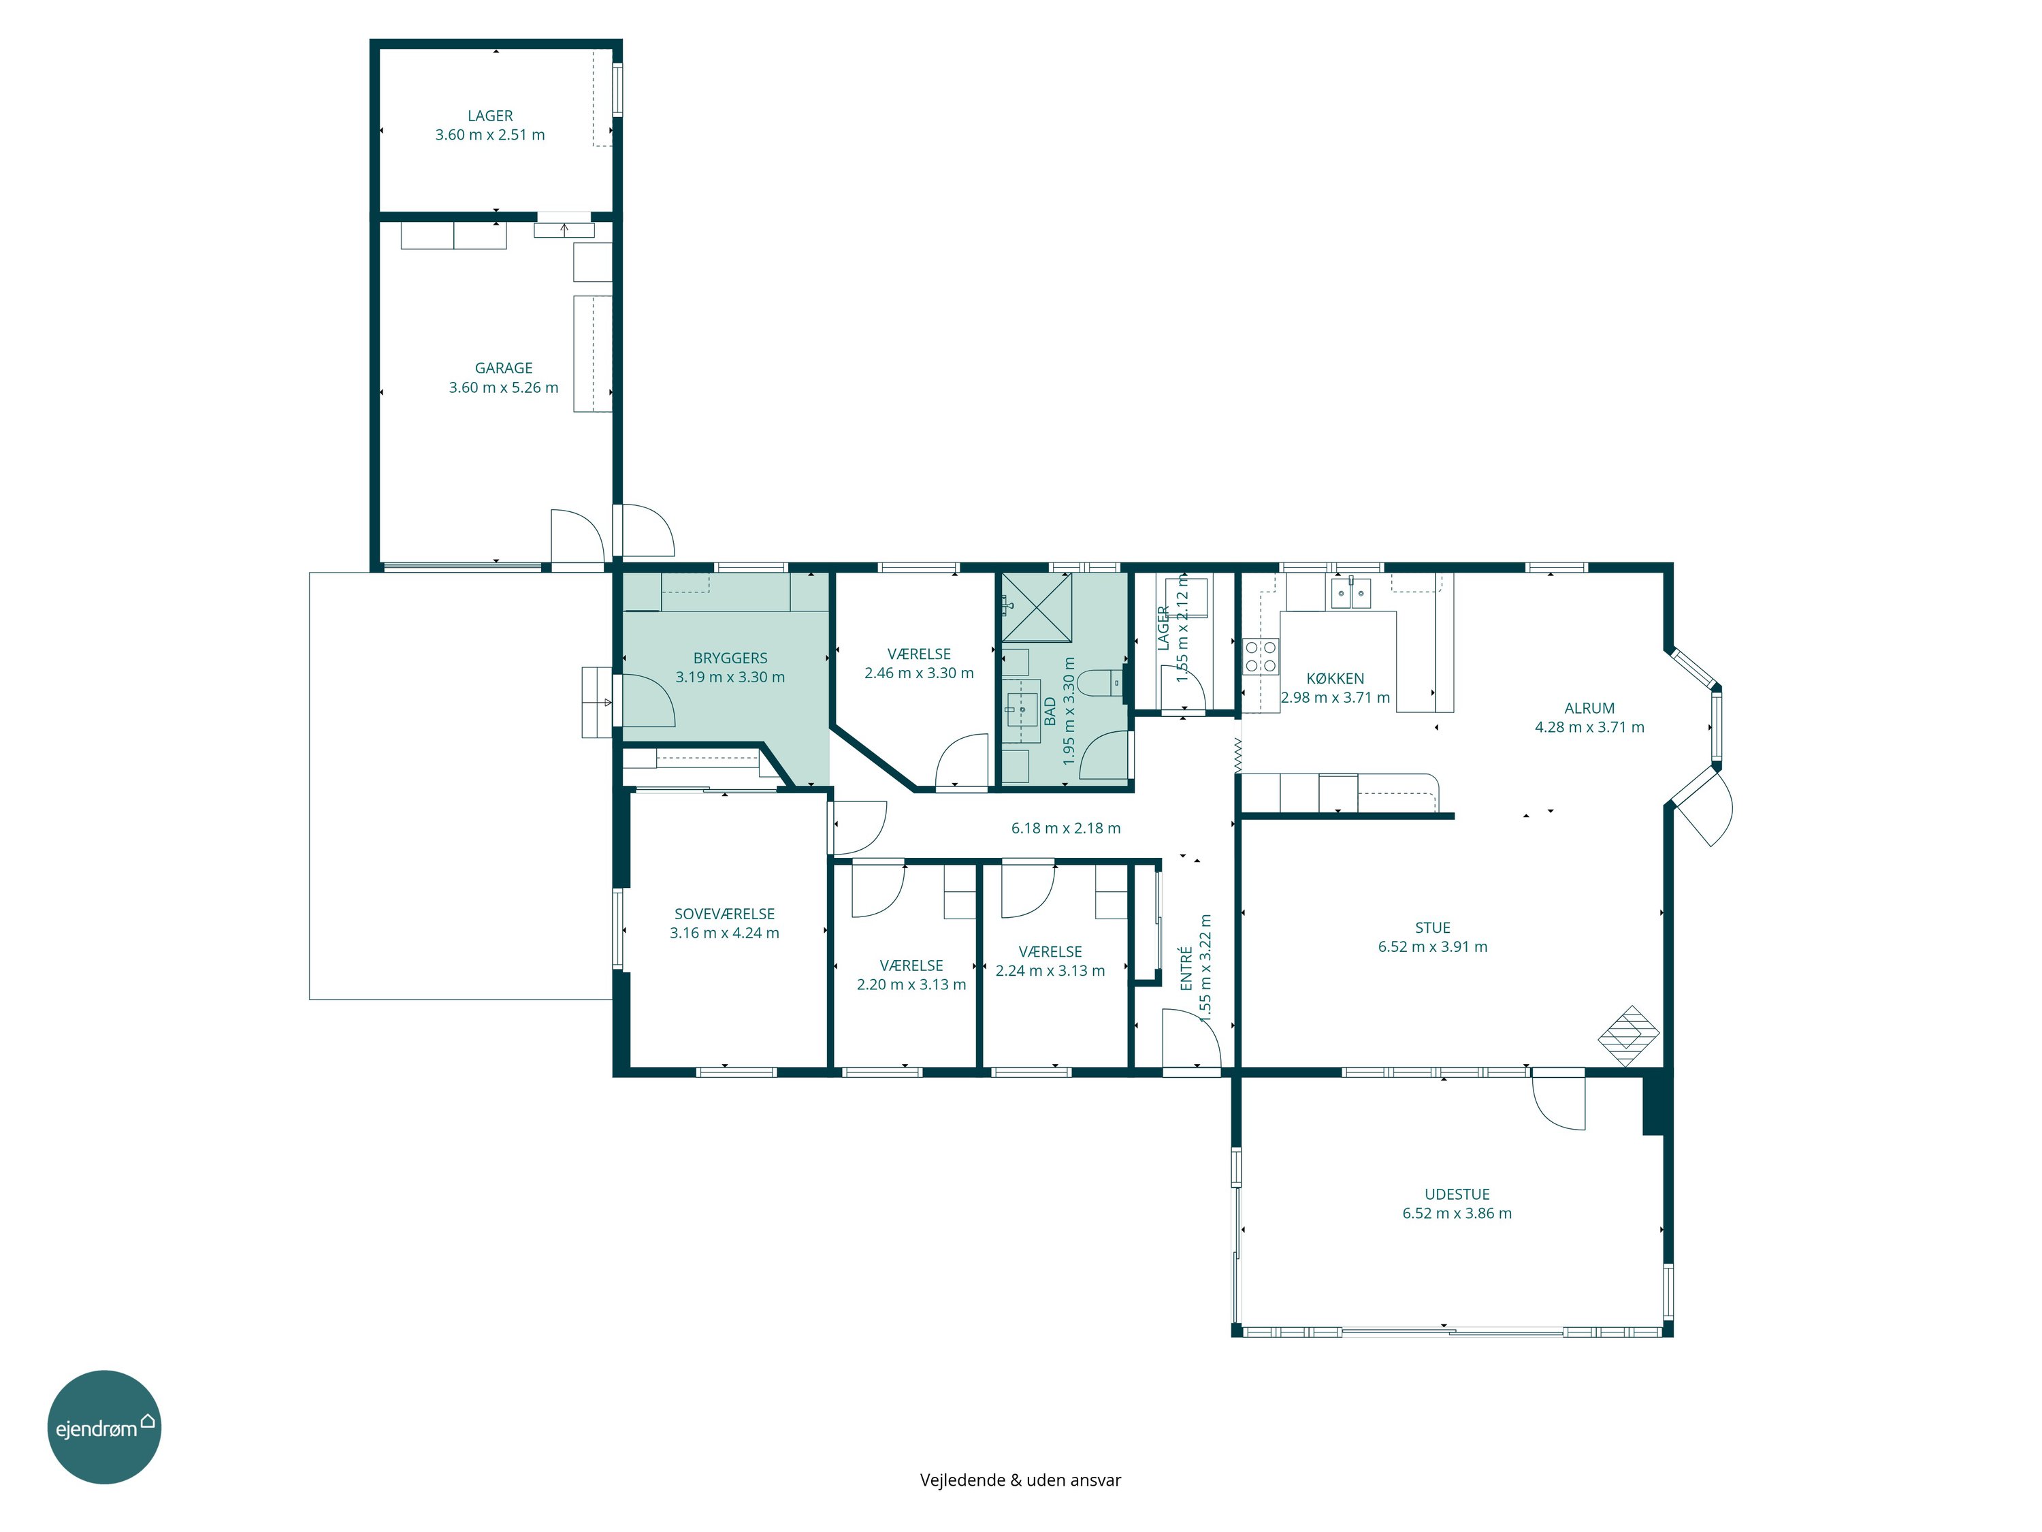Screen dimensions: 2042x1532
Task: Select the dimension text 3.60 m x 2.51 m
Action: (x=490, y=135)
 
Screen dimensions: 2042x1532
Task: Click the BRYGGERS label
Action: (x=730, y=658)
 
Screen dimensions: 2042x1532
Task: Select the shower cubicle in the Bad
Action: (x=1037, y=607)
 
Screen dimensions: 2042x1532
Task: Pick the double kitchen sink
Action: (x=1350, y=593)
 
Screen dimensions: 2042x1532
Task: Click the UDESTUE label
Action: (x=1457, y=1194)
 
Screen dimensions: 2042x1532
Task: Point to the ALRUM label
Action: (x=1589, y=708)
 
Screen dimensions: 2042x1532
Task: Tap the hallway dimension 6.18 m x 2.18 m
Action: (x=1066, y=829)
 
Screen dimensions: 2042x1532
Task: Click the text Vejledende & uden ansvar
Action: (x=1021, y=1480)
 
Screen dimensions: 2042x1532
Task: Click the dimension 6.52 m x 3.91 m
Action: (x=1433, y=946)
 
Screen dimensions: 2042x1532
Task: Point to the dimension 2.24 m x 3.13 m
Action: (x=1050, y=970)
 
